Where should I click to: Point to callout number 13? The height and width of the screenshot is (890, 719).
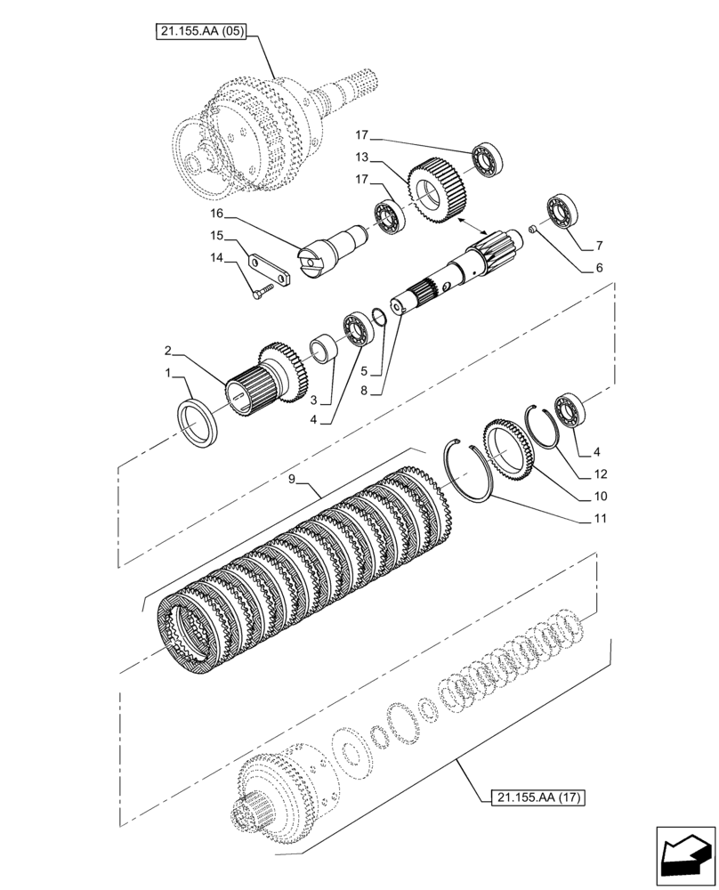[362, 158]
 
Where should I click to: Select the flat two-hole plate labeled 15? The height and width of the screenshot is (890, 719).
[271, 270]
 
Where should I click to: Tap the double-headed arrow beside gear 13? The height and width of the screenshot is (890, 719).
[473, 222]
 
